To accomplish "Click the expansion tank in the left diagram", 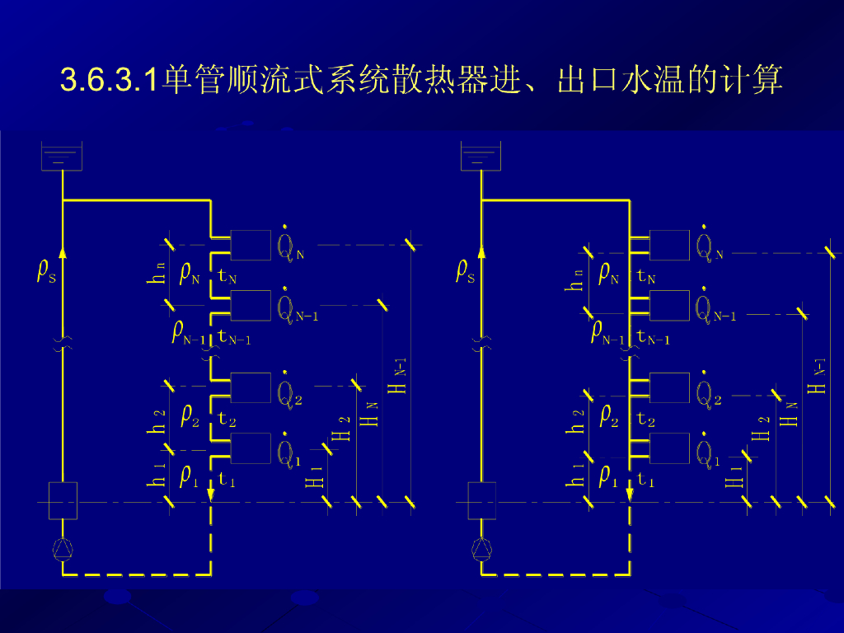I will click(x=62, y=156).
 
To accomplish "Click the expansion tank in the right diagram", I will click(x=481, y=156).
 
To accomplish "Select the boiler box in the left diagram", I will click(x=63, y=500).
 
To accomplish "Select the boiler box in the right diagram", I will click(x=481, y=500).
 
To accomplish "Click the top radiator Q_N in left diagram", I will click(x=251, y=245).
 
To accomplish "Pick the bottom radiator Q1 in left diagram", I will click(x=251, y=448).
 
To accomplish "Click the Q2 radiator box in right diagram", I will click(x=669, y=387).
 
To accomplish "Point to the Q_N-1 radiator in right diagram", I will click(x=669, y=306).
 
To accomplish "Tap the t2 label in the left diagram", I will click(x=227, y=420).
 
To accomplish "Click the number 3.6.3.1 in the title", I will click(x=109, y=80).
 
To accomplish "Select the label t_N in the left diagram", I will click(x=227, y=277).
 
